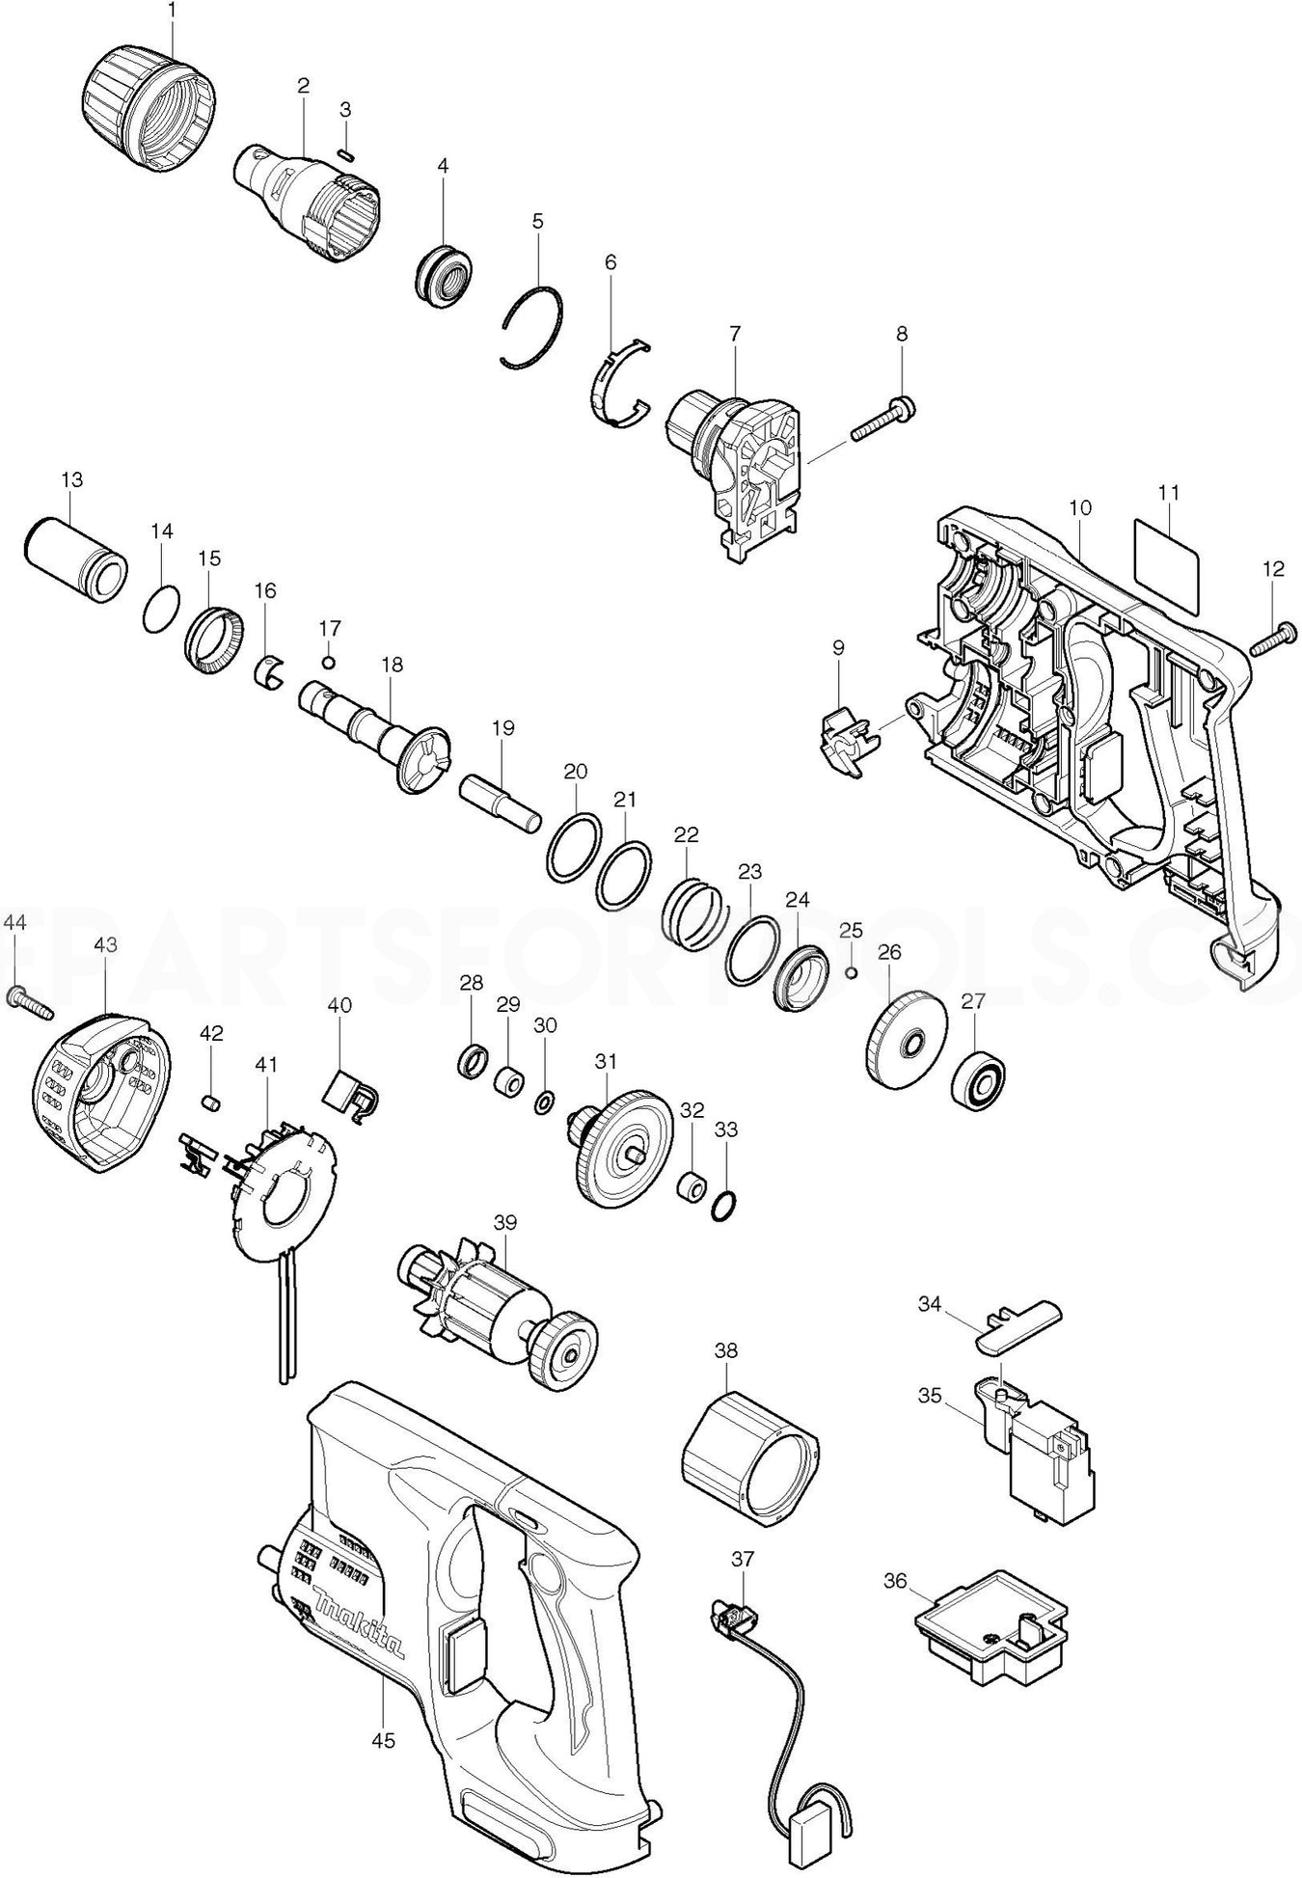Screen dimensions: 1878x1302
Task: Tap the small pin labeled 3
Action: coord(347,151)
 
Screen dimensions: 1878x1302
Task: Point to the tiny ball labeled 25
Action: coord(851,971)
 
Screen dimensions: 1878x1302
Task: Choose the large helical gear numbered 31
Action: coord(616,1147)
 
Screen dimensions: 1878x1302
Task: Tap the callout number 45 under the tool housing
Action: coord(384,1741)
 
